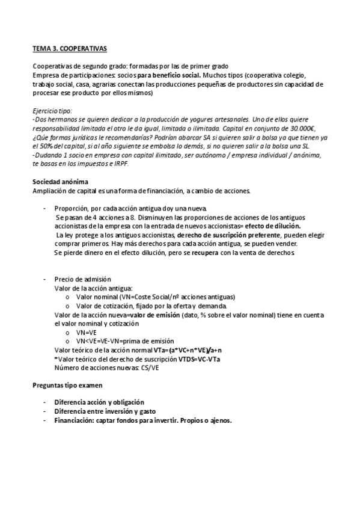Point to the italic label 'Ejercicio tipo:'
pyautogui.click(x=52, y=111)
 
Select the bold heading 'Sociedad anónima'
pyautogui.click(x=60, y=182)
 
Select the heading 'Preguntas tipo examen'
pyautogui.click(x=67, y=385)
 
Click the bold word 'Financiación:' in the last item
pyautogui.click(x=76, y=420)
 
